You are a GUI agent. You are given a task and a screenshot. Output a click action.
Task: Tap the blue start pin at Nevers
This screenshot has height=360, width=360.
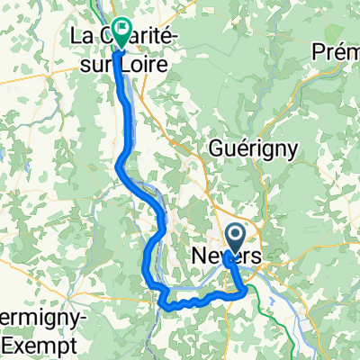[x=235, y=238]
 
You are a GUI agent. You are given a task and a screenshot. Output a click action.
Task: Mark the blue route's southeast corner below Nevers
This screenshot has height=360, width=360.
[x=246, y=291]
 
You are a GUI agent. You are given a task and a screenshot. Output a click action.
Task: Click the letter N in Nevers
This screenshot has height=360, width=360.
[x=199, y=257]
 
